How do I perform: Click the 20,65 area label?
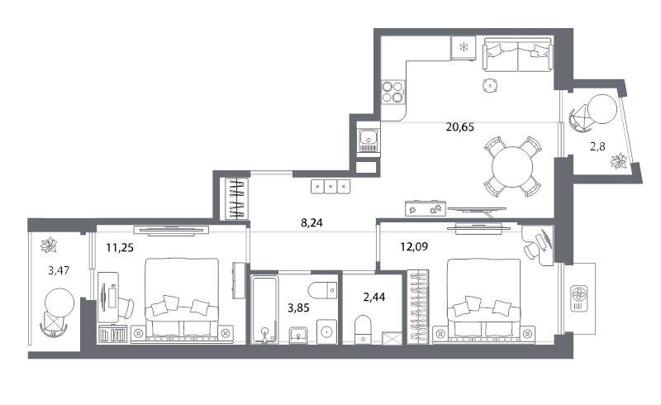[x=460, y=126]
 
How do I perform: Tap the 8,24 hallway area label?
[x=311, y=223]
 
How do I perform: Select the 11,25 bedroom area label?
[x=120, y=248]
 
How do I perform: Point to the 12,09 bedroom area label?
[x=414, y=246]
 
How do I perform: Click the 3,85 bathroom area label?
[x=298, y=308]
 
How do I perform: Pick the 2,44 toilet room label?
[x=374, y=297]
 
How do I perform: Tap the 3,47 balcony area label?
[x=59, y=270]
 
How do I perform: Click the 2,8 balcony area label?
[x=597, y=146]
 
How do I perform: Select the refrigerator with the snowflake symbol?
[x=464, y=48]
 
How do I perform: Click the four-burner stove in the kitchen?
[x=393, y=92]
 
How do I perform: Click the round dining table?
[x=512, y=167]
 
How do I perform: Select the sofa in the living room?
[x=518, y=55]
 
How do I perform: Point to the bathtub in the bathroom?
[x=264, y=309]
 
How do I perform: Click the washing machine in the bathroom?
[x=326, y=331]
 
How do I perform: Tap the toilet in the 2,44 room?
[x=363, y=330]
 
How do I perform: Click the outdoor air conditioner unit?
[x=579, y=298]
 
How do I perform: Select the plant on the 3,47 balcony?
[x=50, y=245]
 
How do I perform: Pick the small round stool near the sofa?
[x=490, y=86]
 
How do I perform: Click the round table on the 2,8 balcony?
[x=602, y=109]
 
